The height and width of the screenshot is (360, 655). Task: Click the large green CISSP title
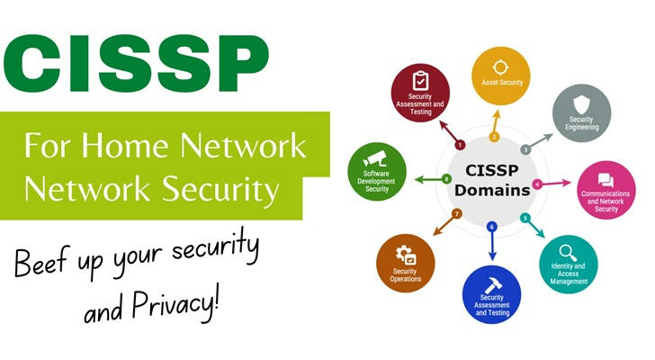136,63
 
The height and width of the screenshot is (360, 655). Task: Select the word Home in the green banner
125,146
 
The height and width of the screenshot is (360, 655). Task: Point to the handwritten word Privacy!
175,302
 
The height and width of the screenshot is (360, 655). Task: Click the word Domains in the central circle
492,191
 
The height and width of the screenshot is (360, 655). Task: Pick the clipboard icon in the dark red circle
420,81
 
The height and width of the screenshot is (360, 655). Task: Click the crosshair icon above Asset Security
500,67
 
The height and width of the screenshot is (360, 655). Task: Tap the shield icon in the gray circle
580,104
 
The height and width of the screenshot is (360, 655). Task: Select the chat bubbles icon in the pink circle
606,180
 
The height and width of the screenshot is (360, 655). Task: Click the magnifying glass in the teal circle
568,253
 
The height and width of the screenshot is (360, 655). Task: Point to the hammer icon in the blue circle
493,285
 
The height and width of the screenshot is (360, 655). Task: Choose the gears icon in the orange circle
406,256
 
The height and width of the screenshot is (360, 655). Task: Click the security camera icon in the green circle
375,159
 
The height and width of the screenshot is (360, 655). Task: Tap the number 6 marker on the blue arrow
491,227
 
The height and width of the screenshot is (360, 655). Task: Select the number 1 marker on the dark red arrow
460,145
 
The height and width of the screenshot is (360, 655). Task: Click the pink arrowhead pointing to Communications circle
566,183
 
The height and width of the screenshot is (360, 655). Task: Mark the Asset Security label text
502,83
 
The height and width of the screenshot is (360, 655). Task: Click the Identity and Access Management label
568,274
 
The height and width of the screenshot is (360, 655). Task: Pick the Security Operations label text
405,275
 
